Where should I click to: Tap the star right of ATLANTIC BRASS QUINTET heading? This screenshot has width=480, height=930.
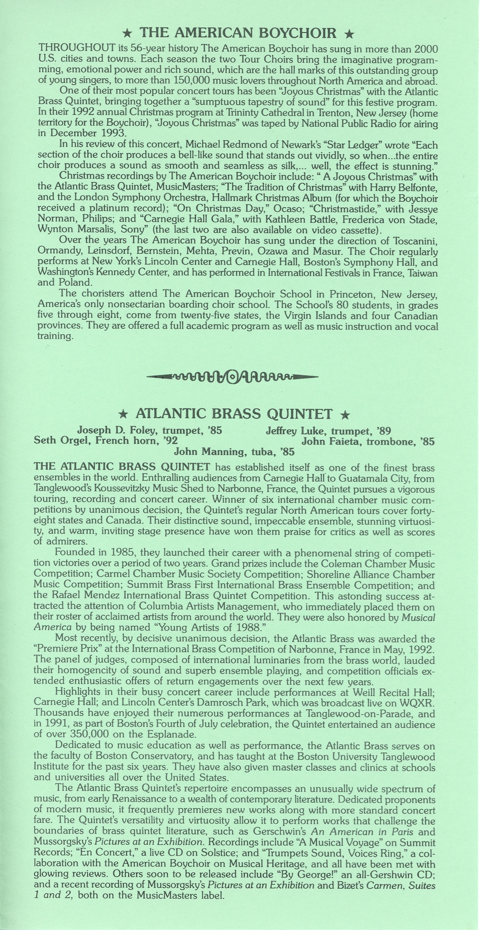(x=345, y=415)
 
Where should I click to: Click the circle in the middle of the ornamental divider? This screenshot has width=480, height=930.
(x=233, y=377)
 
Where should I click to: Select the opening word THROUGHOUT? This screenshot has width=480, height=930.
(x=77, y=48)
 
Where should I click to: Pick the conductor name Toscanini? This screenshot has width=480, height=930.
(x=415, y=241)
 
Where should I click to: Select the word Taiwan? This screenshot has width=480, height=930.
(x=423, y=273)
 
